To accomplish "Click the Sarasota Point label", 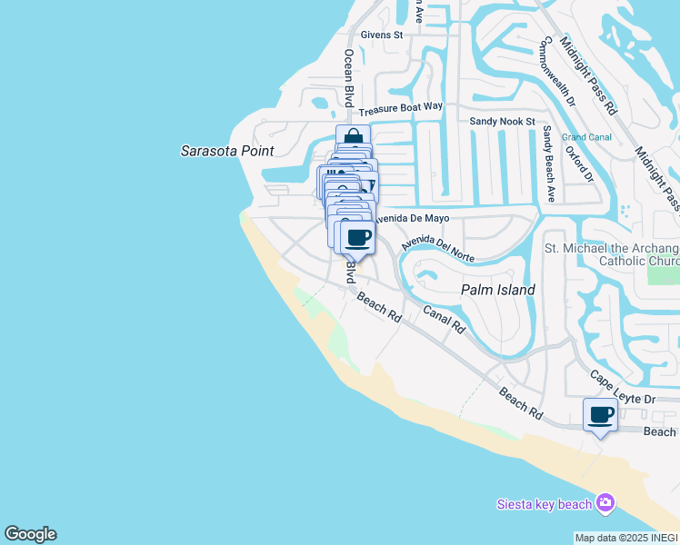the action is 227,151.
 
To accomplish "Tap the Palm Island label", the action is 496,290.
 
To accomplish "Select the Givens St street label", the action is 381,35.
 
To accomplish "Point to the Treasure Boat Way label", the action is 401,106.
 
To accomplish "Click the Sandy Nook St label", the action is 503,121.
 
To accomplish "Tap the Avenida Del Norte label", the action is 438,244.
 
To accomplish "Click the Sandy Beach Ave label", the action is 548,163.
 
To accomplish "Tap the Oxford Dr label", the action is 578,163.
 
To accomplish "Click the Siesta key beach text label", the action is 544,504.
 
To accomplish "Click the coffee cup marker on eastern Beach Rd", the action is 599,416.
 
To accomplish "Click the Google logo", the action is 30,534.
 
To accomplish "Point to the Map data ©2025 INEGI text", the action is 626,538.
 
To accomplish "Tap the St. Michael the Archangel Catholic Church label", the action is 611,254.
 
